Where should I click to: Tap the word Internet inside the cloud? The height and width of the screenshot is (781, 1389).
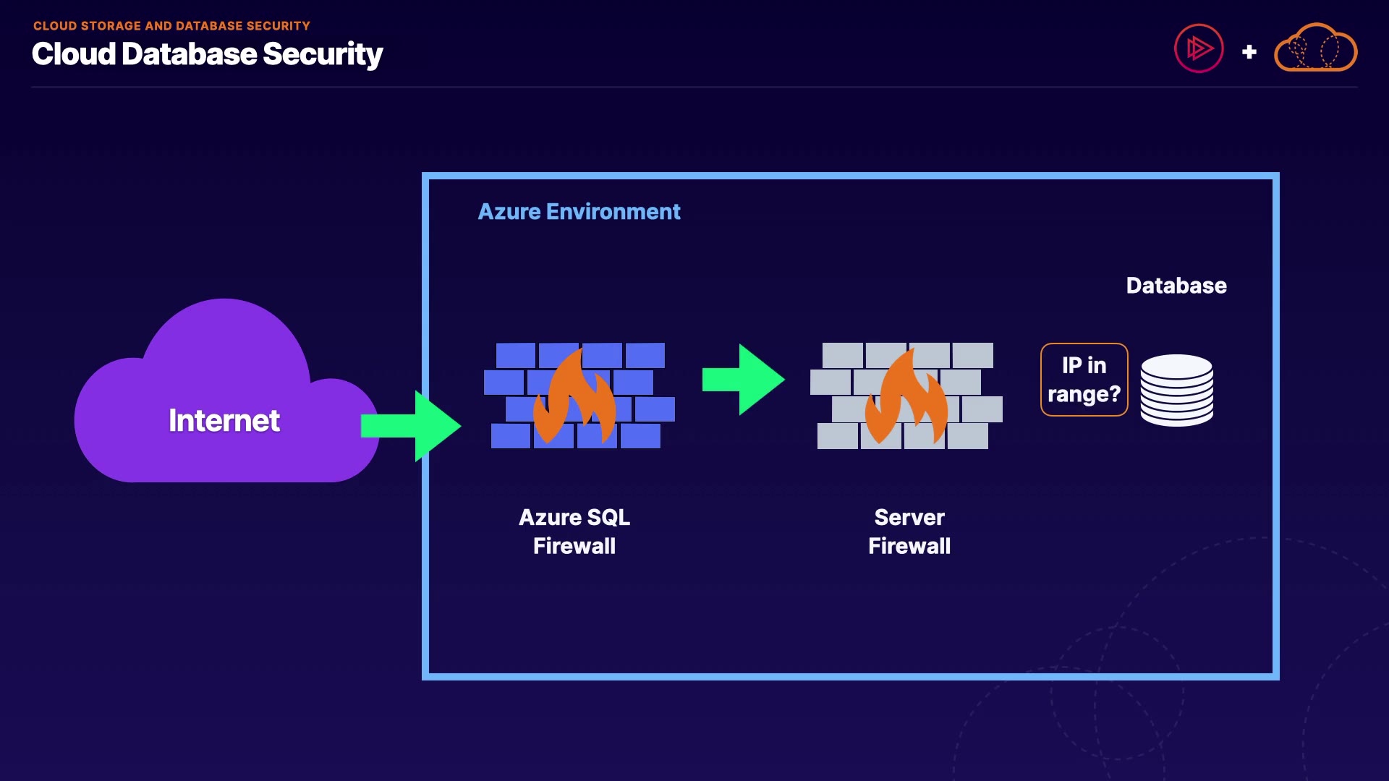(x=224, y=421)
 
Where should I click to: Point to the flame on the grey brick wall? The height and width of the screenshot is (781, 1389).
(x=906, y=398)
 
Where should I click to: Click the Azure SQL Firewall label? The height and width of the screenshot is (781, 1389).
(x=574, y=532)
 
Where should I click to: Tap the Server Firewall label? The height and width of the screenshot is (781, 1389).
(x=909, y=532)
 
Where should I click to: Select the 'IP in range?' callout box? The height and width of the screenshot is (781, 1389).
(x=1084, y=380)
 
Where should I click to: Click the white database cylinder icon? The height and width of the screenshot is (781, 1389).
(x=1177, y=390)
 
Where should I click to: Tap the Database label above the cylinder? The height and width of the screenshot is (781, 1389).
(x=1176, y=286)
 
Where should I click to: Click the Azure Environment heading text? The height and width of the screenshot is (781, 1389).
(x=579, y=212)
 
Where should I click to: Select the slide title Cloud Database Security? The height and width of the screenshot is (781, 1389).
(x=207, y=54)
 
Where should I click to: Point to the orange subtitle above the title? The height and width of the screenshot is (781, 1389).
(x=171, y=26)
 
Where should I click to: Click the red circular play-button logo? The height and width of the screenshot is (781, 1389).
(x=1199, y=49)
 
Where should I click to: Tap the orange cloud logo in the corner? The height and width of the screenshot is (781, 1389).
(x=1315, y=49)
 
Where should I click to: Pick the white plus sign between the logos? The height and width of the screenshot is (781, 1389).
(x=1249, y=52)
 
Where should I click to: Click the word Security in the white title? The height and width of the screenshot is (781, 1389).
(x=323, y=54)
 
